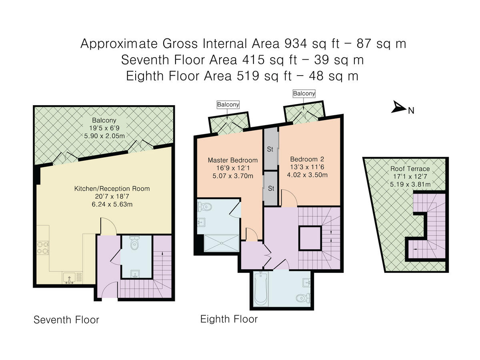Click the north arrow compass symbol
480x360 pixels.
coord(399,107)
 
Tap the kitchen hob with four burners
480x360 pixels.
coord(43,248)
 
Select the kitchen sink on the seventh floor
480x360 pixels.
coord(69,277)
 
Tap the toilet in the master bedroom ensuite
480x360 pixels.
coord(205,207)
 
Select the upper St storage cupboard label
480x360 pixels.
coord(270,150)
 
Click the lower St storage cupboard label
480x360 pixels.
coord(271,188)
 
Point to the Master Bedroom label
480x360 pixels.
coord(233,160)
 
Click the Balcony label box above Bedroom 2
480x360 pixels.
coord(304,94)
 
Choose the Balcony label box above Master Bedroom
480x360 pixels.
coord(228,105)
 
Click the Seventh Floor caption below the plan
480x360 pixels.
coord(66,320)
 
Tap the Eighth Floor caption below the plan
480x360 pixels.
coord(229,319)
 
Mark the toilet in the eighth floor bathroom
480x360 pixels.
coord(302,298)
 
